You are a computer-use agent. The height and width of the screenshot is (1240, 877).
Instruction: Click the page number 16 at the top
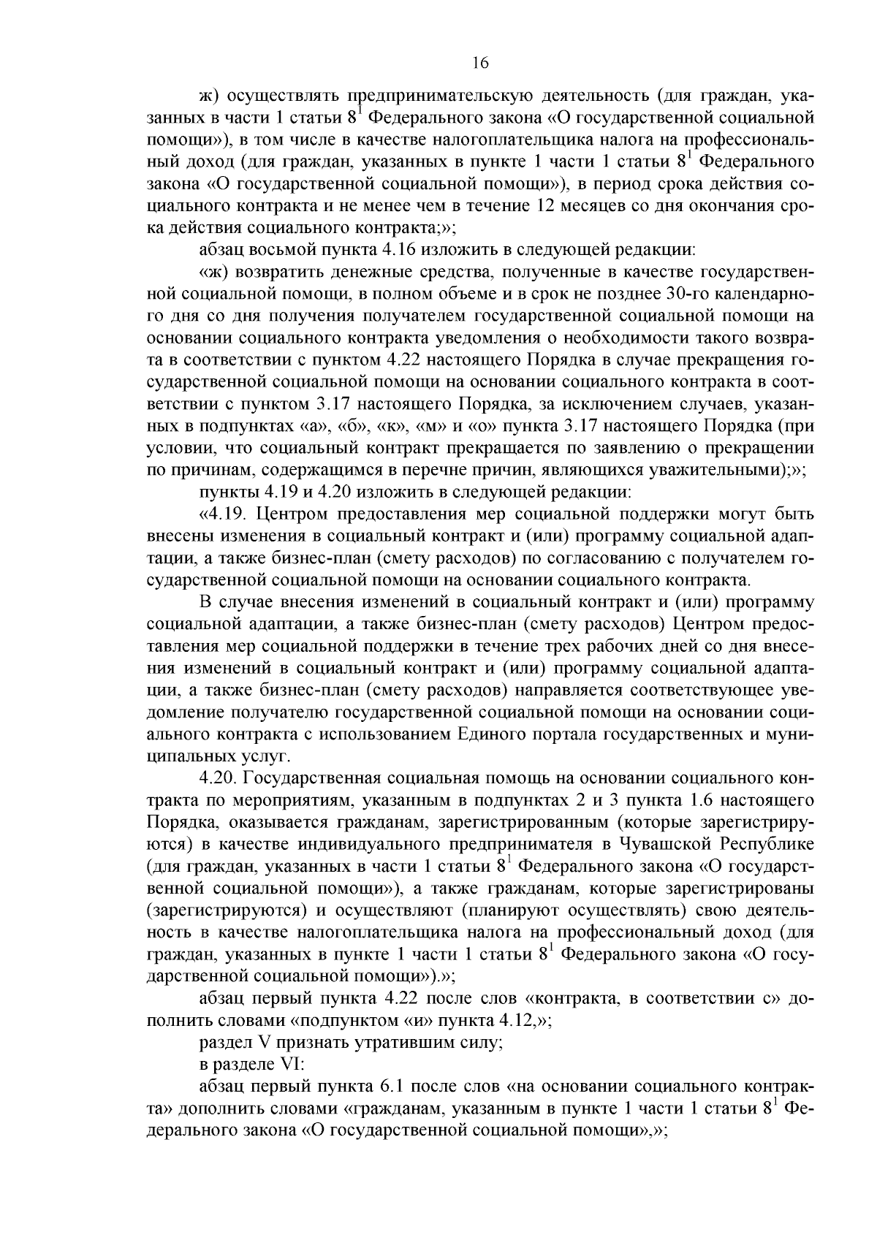tap(479, 63)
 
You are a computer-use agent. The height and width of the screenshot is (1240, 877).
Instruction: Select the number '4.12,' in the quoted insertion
tap(517, 1021)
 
